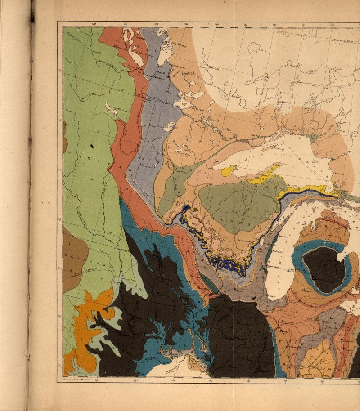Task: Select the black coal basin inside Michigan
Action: click(x=324, y=270)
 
